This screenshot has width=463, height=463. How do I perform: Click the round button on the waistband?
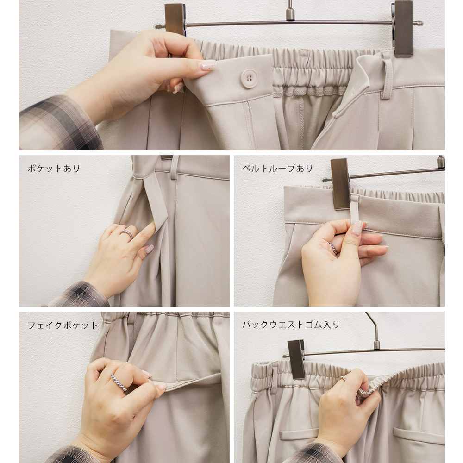tap(249, 79)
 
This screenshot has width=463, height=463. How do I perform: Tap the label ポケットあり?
tap(54, 169)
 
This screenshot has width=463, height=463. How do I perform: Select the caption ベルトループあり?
tap(277, 169)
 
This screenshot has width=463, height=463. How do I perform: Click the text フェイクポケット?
tap(63, 325)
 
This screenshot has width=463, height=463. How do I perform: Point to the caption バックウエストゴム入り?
tap(291, 325)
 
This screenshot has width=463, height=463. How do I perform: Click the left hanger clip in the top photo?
tap(175, 19)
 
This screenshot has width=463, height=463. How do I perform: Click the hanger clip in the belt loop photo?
tap(340, 184)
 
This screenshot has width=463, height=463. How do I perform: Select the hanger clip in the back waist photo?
tap(296, 359)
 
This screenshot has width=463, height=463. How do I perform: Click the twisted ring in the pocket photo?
tap(127, 234)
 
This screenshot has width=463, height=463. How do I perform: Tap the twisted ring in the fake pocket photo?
tap(119, 382)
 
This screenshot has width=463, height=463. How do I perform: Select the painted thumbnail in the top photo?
tap(208, 65)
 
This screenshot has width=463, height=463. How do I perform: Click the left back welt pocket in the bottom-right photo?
tap(299, 434)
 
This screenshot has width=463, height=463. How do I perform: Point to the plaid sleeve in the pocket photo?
tap(79, 294)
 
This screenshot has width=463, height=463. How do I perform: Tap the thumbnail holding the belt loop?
tap(357, 228)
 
